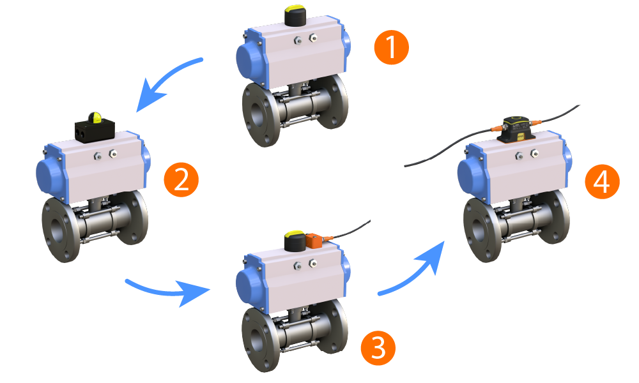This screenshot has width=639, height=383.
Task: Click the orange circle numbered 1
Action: tap(390, 49)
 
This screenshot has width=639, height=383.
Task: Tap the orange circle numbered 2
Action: tap(181, 180)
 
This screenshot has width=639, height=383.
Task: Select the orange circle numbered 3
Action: tap(378, 348)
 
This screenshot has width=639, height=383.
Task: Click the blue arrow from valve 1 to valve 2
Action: tap(167, 79)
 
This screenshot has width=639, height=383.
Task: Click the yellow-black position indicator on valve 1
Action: tap(295, 15)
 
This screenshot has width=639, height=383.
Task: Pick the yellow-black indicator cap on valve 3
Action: tap(295, 240)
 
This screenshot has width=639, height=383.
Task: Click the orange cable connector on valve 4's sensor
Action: tap(498, 130)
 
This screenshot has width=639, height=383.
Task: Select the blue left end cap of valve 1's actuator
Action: tap(250, 60)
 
